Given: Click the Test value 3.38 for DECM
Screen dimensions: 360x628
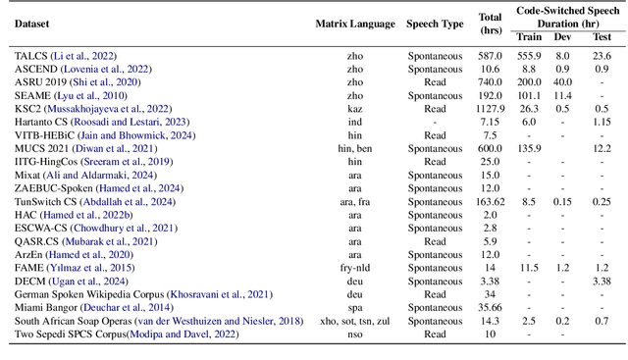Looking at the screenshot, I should pyautogui.click(x=601, y=279).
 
